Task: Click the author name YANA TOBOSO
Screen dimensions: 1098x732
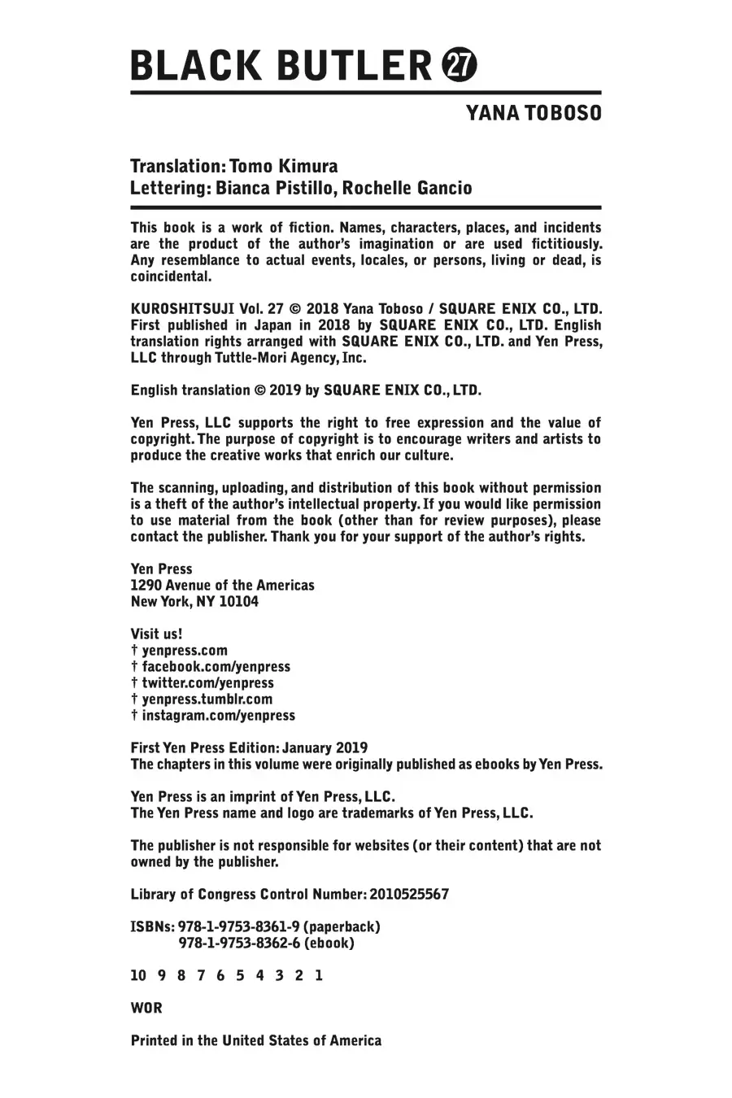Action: coord(534,113)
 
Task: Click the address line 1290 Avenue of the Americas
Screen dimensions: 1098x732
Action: coord(222,586)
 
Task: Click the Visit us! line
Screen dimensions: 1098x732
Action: coord(156,634)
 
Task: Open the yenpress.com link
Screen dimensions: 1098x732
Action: coord(185,651)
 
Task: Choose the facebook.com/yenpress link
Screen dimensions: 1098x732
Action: coord(216,667)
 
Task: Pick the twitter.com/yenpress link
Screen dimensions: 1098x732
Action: coord(207,683)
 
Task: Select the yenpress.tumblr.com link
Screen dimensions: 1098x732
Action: coord(207,699)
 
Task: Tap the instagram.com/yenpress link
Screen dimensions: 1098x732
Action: coord(218,716)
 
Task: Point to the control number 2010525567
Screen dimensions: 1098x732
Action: coord(408,895)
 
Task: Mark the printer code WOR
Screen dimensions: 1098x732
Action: coord(146,1009)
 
